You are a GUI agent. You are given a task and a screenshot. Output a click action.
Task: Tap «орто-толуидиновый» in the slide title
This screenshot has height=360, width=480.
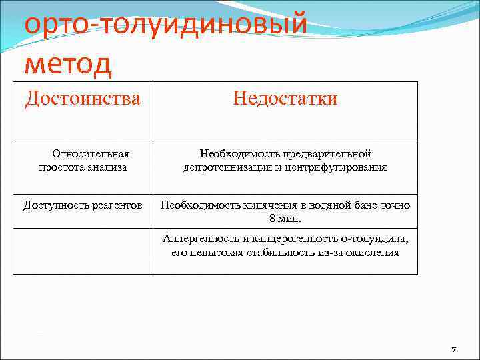[x=165, y=25]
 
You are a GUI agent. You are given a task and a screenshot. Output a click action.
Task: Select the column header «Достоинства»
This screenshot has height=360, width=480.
[x=83, y=99]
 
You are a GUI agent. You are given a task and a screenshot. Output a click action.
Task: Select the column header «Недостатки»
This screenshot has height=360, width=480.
[x=285, y=99]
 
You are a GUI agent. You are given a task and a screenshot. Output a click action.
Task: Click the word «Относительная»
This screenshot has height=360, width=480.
[x=91, y=155]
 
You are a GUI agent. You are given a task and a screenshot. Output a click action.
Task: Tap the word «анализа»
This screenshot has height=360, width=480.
[x=108, y=167]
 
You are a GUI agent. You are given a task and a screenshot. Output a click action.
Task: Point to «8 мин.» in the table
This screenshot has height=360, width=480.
[x=285, y=218]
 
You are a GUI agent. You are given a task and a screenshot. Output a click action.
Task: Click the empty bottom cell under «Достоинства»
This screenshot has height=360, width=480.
[x=83, y=251]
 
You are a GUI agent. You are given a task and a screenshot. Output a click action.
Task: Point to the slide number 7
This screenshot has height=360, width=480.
[x=453, y=349]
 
